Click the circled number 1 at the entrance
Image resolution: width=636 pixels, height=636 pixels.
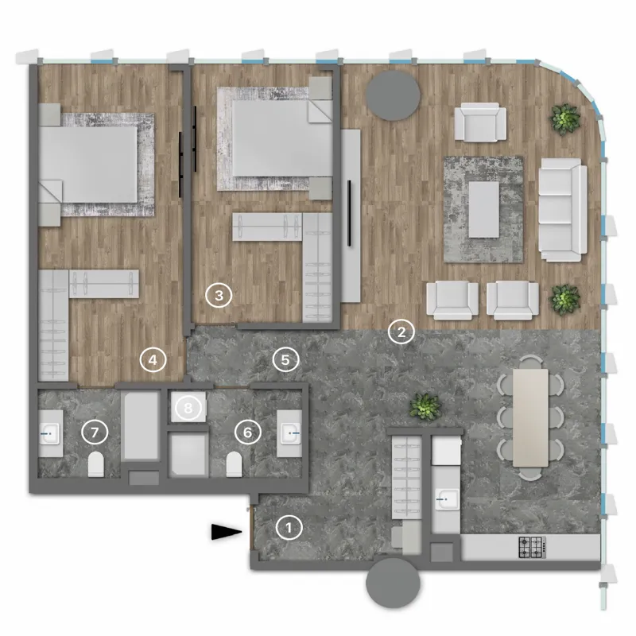[289, 528]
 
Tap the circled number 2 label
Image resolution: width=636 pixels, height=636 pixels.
[401, 332]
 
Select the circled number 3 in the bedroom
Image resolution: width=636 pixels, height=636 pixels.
[219, 295]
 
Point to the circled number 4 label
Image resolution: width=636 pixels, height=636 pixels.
[153, 359]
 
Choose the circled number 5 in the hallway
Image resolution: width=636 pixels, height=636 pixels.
[285, 360]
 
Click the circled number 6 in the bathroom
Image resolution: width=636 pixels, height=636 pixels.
[248, 432]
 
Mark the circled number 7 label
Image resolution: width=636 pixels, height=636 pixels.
[95, 432]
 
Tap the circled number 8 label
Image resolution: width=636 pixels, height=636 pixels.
[188, 408]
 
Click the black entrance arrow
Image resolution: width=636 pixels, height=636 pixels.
[227, 532]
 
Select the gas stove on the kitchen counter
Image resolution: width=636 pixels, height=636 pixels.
[532, 547]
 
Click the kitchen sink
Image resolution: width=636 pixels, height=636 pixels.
[447, 501]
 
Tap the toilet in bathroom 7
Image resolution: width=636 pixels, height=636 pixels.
[96, 464]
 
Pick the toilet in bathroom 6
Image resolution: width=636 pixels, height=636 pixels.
[234, 464]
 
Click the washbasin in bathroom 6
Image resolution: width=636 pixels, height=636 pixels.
[289, 433]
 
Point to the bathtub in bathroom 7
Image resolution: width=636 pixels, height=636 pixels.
[141, 425]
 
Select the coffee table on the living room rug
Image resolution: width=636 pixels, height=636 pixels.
[484, 209]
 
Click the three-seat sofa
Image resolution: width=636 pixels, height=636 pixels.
[563, 210]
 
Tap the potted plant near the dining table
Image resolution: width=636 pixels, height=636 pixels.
[425, 406]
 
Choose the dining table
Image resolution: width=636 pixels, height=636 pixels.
[530, 417]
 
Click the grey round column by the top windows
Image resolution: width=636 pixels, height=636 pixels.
[393, 95]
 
